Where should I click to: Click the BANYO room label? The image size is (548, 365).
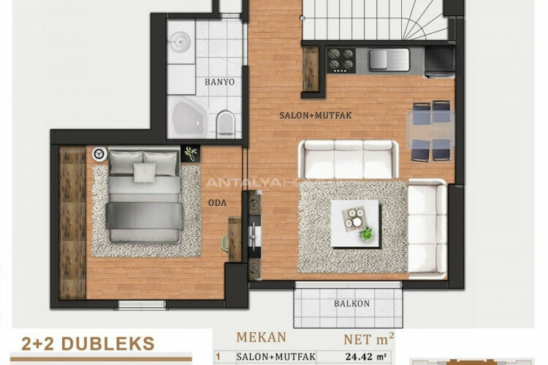pyautogui.click(x=220, y=82)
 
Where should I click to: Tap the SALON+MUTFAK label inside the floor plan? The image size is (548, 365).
pyautogui.click(x=311, y=115)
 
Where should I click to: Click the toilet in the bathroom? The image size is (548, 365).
pyautogui.click(x=227, y=123)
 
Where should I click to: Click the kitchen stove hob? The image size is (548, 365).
pyautogui.click(x=340, y=59)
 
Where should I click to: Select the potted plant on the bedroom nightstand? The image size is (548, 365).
pyautogui.click(x=191, y=153)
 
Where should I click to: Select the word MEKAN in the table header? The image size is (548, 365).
pyautogui.click(x=261, y=338)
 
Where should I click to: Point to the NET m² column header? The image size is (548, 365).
pyautogui.click(x=370, y=339)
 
